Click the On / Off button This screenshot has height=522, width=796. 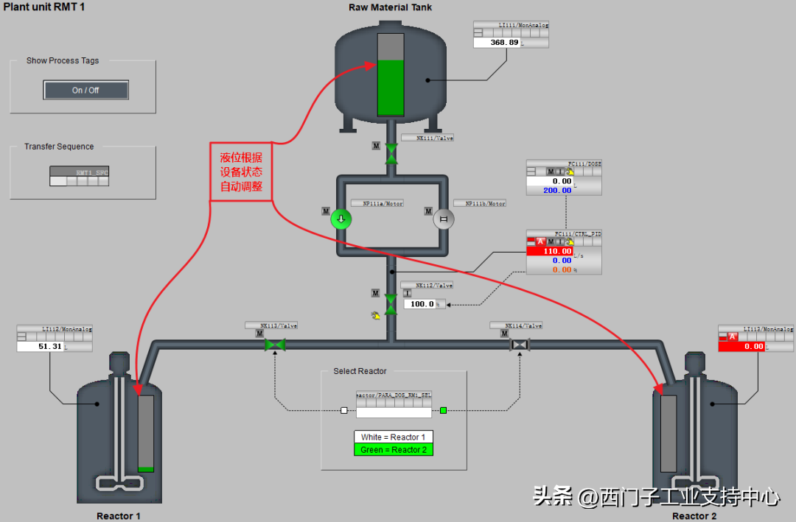tap(85, 91)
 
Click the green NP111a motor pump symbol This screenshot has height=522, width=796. tap(341, 219)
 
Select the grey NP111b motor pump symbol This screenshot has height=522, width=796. tap(444, 219)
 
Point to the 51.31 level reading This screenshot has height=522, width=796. tap(40, 346)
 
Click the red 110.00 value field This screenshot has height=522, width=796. tap(549, 251)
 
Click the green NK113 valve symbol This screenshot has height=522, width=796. tap(275, 345)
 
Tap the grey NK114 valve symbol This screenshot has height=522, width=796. tap(520, 345)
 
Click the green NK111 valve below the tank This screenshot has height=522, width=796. tap(391, 154)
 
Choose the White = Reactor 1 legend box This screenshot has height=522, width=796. tap(393, 437)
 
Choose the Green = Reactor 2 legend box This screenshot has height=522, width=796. tap(393, 450)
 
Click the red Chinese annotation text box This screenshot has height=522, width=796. tap(241, 172)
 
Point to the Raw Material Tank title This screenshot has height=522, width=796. tap(391, 7)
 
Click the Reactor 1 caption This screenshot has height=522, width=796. tap(119, 516)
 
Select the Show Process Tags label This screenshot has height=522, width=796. tap(63, 61)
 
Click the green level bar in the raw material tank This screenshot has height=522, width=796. tap(390, 88)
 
